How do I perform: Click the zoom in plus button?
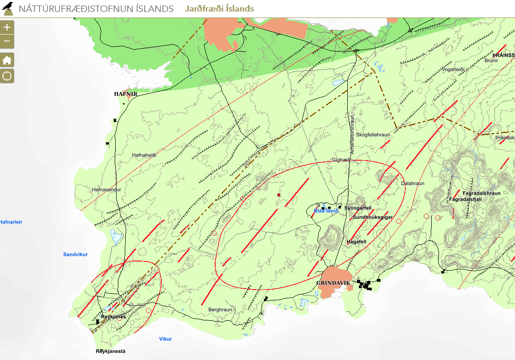(x=7, y=27)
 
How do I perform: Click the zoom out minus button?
(x=7, y=42)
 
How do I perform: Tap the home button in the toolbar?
(x=7, y=60)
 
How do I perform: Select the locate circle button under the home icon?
(x=7, y=76)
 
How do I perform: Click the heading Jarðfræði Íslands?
(x=219, y=9)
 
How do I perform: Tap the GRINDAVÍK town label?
(x=334, y=283)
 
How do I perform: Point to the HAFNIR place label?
(x=126, y=93)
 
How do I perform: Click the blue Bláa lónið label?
(x=326, y=211)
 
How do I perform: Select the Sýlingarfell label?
(x=358, y=208)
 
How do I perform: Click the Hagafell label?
(x=356, y=241)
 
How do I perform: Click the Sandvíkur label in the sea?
(x=75, y=254)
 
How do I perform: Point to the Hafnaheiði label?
(x=144, y=155)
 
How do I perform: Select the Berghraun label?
(x=220, y=310)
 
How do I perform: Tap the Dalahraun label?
(x=412, y=183)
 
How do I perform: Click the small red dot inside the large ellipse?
(x=279, y=195)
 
